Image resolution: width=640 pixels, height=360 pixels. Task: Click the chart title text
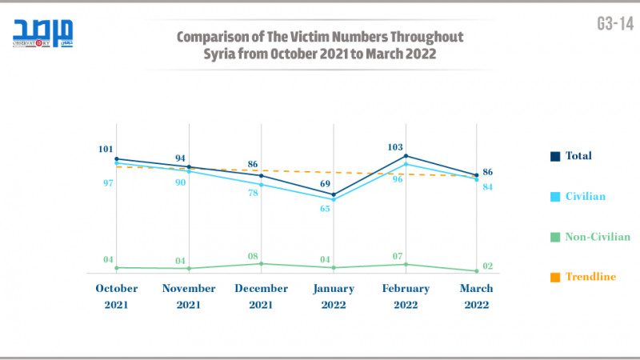319,45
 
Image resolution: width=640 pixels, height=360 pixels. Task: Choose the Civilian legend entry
584,196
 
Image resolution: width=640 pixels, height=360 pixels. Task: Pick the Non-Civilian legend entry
596,237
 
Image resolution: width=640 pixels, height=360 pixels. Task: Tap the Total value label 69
326,184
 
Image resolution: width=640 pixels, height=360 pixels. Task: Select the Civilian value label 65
326,209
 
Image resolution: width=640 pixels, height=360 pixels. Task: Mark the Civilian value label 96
398,179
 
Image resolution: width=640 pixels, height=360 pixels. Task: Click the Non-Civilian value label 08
253,256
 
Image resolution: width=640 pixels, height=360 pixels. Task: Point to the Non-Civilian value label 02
487,266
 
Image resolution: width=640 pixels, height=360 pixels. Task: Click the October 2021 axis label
117,296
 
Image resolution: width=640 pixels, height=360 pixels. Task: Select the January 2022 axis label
333,296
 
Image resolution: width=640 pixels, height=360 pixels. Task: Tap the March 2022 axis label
478,296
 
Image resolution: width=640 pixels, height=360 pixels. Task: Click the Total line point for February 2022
406,156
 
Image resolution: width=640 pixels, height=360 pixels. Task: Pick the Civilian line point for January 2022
334,199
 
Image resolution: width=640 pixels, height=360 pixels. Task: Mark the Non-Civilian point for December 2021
262,263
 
